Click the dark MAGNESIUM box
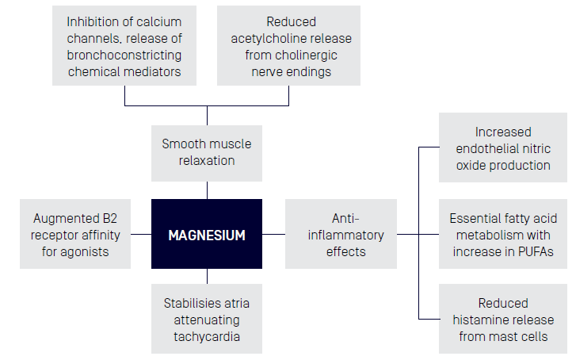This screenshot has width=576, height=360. (x=207, y=235)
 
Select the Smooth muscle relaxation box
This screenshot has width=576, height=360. (x=207, y=152)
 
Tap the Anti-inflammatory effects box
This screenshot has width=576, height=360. (x=341, y=235)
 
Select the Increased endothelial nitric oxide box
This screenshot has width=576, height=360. (x=503, y=148)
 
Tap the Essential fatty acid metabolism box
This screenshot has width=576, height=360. (x=503, y=234)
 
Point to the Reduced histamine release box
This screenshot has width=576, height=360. (x=503, y=320)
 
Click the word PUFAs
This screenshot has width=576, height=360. (x=533, y=252)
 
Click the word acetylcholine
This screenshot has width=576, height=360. (x=269, y=39)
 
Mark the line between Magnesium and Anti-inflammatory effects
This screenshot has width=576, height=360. (x=274, y=234)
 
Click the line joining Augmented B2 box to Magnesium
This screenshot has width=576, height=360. (x=141, y=234)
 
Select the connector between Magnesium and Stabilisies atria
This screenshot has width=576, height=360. (x=207, y=276)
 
